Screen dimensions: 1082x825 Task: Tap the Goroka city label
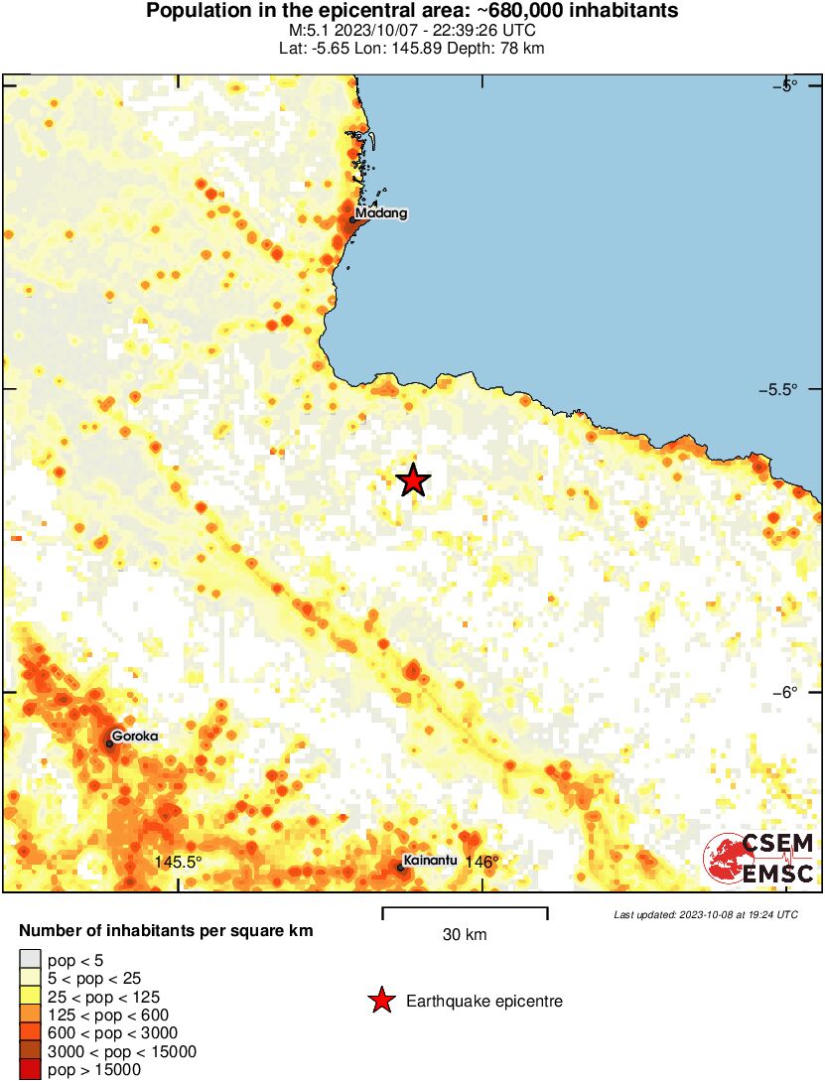tap(135, 736)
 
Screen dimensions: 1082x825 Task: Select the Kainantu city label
tap(430, 860)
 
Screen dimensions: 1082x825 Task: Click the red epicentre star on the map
tap(413, 480)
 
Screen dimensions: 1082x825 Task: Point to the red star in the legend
tap(381, 1002)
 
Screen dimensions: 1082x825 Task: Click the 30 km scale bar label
tap(465, 934)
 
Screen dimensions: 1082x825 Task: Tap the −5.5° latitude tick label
tap(777, 389)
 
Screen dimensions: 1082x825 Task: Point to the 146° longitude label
tap(482, 862)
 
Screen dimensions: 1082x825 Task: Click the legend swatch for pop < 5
tap(31, 959)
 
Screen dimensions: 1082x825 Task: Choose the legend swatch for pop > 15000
tap(31, 1070)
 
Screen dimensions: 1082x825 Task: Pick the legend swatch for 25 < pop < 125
tap(31, 996)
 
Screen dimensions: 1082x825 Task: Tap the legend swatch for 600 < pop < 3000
tap(31, 1033)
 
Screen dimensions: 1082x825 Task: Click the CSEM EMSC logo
tap(759, 859)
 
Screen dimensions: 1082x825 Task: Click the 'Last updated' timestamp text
tap(706, 914)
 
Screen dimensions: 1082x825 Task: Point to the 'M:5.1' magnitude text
tap(303, 31)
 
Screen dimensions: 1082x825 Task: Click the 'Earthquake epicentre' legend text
tap(484, 1002)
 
